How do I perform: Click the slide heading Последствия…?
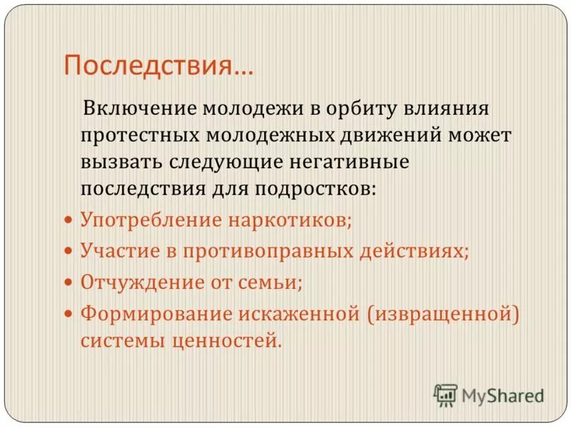[x=158, y=66]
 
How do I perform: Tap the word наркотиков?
[x=290, y=219]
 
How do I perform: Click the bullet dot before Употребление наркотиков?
[x=69, y=220]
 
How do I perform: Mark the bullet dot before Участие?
[x=69, y=252]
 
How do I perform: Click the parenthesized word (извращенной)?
[x=442, y=313]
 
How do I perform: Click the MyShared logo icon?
[x=445, y=394]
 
